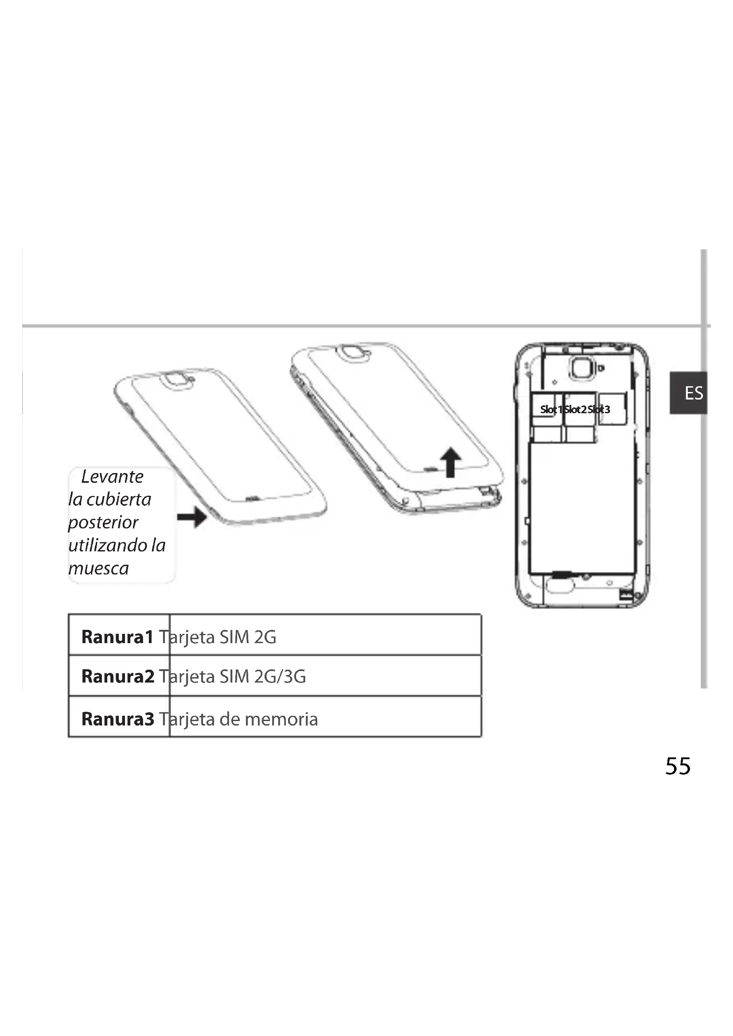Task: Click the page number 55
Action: tap(678, 767)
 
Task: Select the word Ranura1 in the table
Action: tap(117, 636)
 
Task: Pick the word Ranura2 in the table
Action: tap(118, 676)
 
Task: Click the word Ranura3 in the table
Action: tap(118, 719)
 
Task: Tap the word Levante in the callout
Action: tap(112, 477)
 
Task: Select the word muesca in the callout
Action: tap(98, 568)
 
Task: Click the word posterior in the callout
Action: tap(103, 523)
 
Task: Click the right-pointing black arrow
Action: tap(192, 516)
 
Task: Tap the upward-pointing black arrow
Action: tap(450, 462)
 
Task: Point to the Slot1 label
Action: tap(551, 409)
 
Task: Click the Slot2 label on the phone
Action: tap(575, 409)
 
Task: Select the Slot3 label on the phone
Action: tap(600, 409)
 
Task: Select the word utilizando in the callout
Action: tap(108, 545)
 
